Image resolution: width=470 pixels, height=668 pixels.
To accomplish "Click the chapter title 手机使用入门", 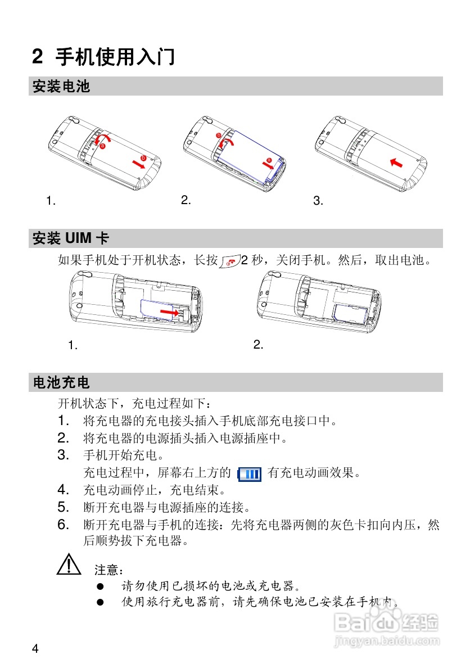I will click(115, 57).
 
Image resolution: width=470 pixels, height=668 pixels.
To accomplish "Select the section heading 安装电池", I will click(61, 87).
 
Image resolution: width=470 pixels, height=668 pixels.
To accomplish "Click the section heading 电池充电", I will click(61, 383).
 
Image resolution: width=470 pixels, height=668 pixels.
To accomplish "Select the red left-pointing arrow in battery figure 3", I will click(396, 162).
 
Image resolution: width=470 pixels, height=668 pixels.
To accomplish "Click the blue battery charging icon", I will click(249, 474).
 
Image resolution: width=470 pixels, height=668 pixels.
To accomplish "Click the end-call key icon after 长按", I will click(229, 261).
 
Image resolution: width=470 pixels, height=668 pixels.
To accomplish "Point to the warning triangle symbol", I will click(67, 564).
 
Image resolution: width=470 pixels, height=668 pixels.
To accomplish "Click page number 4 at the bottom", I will click(35, 649).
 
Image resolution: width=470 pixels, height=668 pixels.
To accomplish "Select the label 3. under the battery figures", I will click(318, 201).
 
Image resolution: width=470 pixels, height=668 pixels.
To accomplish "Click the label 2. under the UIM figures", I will click(258, 345).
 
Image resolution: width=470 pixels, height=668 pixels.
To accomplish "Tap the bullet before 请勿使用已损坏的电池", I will click(100, 586).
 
